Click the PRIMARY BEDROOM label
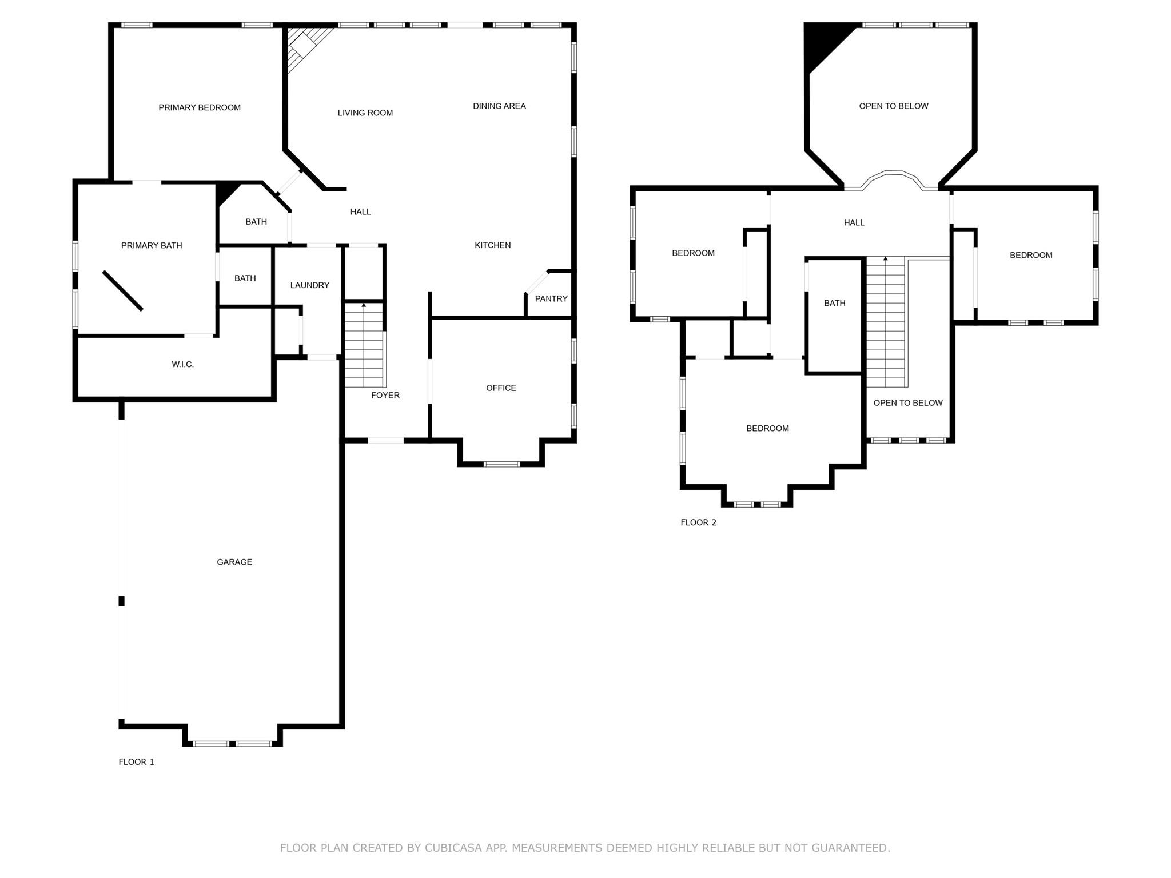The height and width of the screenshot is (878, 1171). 200,107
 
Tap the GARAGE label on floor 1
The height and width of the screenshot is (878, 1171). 234,562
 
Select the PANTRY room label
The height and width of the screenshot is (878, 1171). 551,298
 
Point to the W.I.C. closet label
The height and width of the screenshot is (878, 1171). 182,364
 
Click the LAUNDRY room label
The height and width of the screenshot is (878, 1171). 309,285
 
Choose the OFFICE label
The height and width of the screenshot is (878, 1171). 501,388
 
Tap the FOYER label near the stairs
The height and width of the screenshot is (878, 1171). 385,395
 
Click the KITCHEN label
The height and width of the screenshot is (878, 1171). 492,245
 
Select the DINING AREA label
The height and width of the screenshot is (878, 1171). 499,106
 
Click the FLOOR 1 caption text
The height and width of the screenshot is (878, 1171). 136,761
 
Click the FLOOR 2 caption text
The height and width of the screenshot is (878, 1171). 698,522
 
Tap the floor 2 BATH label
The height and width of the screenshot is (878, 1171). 834,303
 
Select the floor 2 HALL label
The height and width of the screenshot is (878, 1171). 854,222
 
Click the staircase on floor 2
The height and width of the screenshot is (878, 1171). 886,323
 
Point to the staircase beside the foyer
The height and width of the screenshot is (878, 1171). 364,346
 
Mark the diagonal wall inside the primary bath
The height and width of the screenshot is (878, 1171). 122,290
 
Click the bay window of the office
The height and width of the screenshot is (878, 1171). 501,464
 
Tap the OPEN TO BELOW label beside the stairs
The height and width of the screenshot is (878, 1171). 907,403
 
